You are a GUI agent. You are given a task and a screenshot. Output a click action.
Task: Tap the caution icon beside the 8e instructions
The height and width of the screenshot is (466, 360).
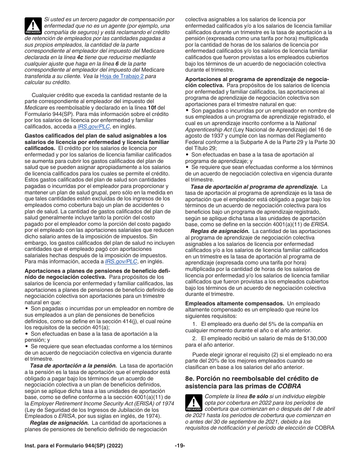194,403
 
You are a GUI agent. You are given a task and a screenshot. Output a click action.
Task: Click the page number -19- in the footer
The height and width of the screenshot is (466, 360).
180,445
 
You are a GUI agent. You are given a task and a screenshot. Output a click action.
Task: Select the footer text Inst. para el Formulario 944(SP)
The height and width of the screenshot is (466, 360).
66,445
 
